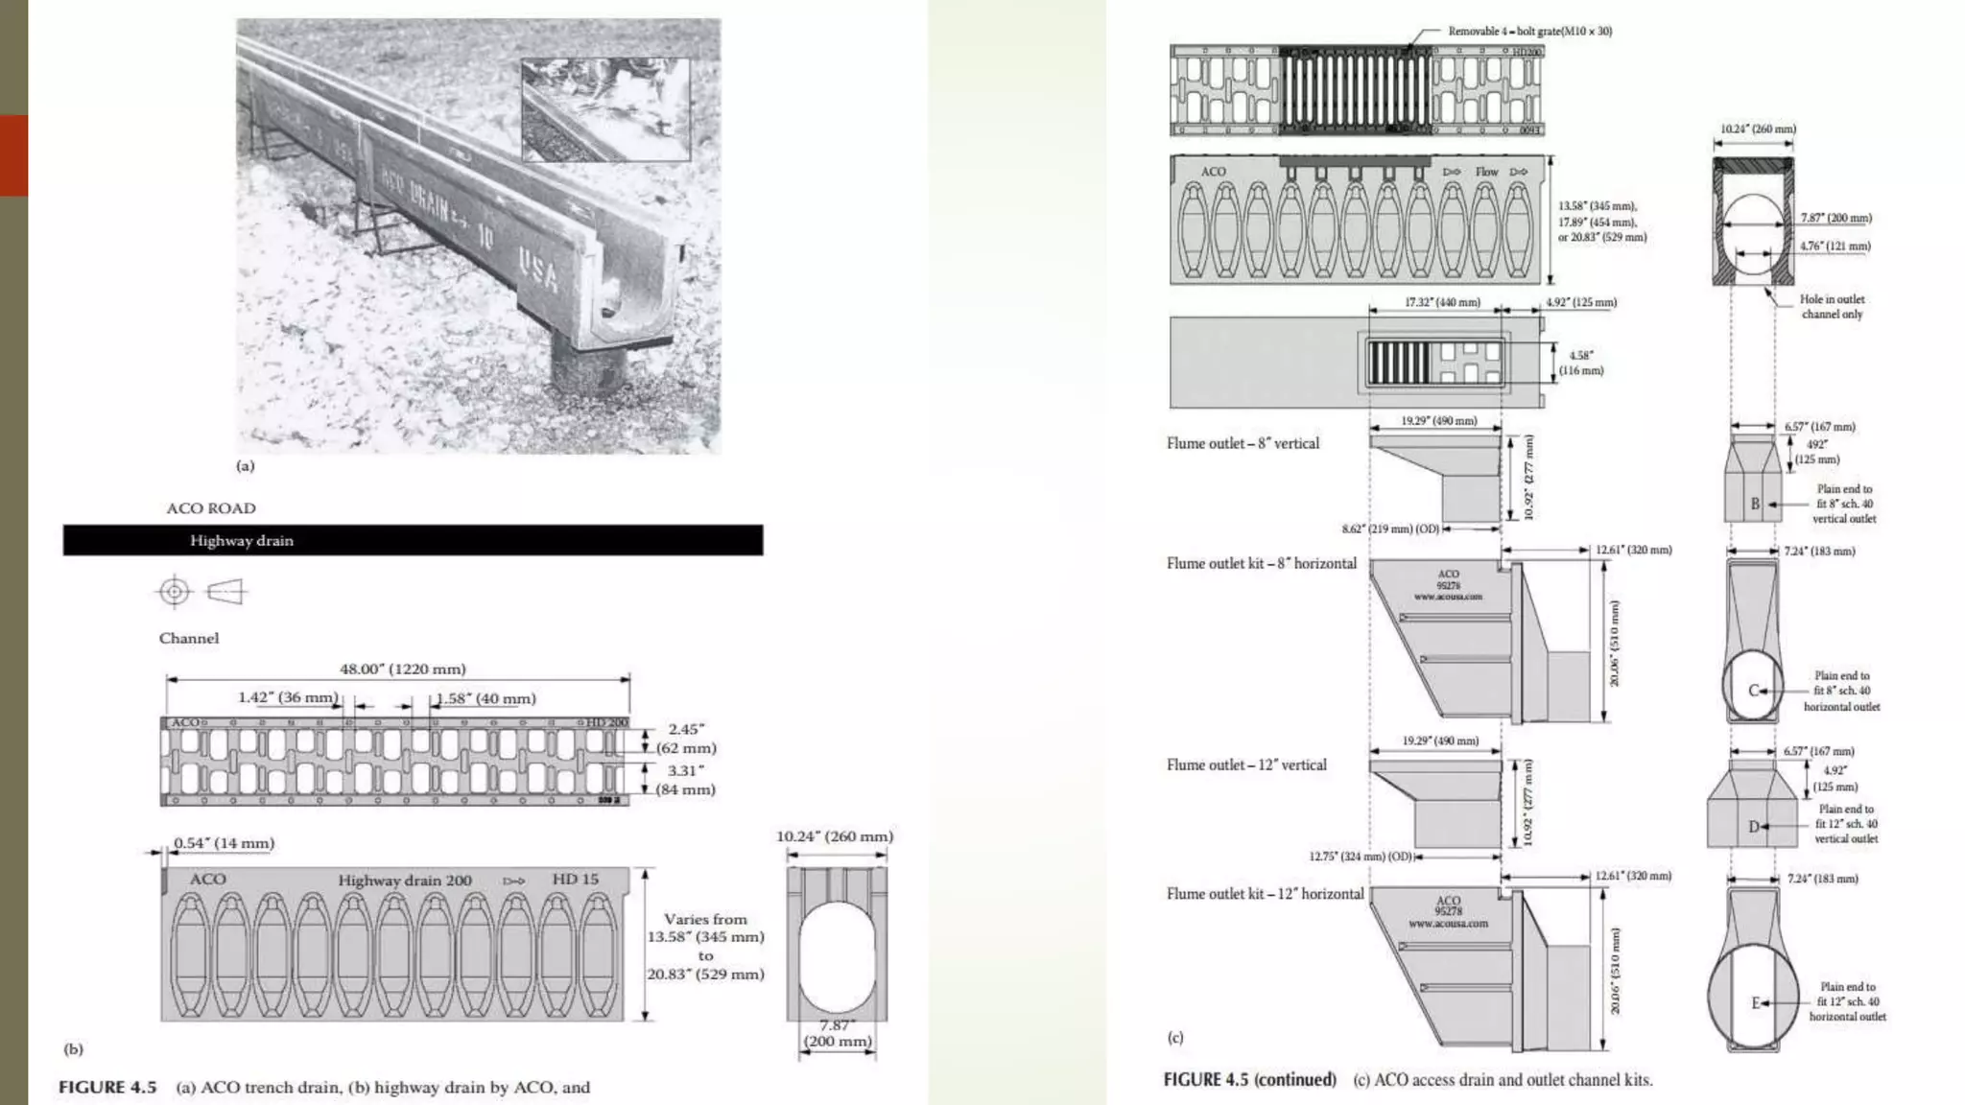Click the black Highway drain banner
413,540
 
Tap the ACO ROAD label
211,508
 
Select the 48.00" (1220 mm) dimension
402,669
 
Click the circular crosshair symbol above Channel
175,591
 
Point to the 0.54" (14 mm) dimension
224,843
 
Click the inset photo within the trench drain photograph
605,109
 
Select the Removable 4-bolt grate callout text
1529,32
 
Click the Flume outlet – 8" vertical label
1243,443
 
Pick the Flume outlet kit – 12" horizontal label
1265,894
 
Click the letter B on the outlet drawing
1755,504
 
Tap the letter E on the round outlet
1756,1002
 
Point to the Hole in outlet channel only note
1831,306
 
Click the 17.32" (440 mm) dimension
1442,302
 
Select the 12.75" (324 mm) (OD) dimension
1361,857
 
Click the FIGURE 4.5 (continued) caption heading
1249,1079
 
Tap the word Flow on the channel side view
1486,172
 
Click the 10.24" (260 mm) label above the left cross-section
834,836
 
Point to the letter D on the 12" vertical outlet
1754,826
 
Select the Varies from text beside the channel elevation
705,919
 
